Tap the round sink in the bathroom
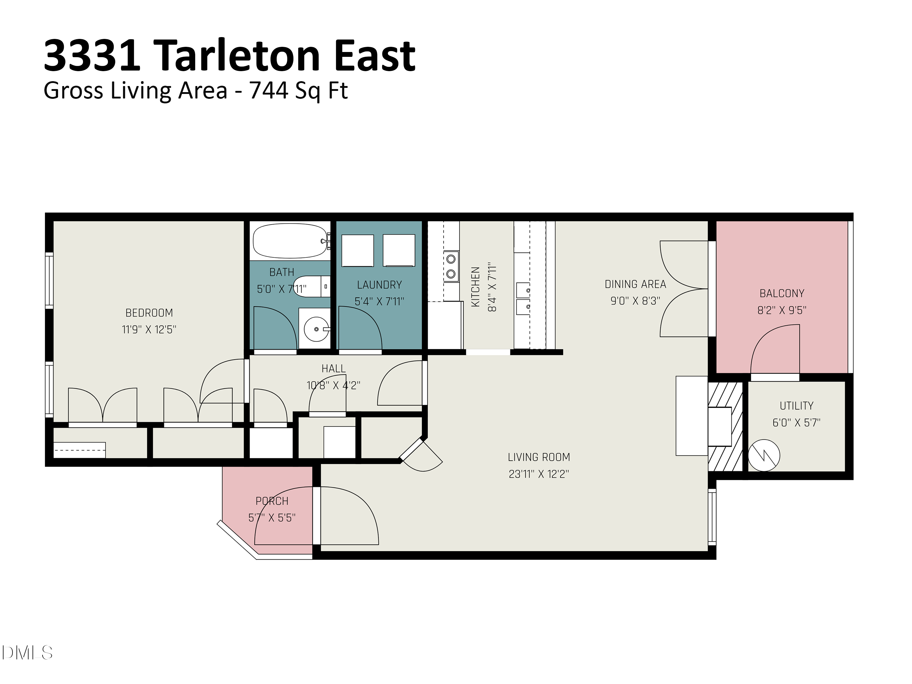pos(316,329)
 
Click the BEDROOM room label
pos(149,313)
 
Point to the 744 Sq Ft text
pos(299,91)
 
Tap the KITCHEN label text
pos(475,287)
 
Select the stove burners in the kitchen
pos(451,266)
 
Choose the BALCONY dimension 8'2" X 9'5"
pos(782,310)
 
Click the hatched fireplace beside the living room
pos(725,427)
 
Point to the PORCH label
pos(272,501)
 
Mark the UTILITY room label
pos(796,406)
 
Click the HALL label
pos(333,368)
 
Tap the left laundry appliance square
pos(358,251)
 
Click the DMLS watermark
pos(27,653)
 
